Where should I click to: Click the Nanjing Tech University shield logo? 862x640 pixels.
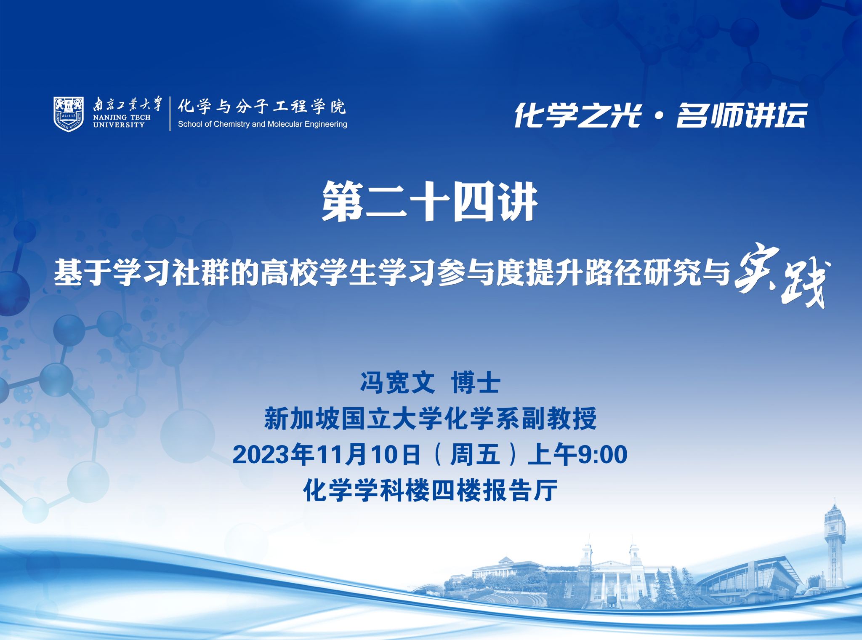pos(69,114)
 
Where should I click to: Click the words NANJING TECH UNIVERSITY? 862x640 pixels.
pos(122,121)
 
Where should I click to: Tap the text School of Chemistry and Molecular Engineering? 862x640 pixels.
pos(262,124)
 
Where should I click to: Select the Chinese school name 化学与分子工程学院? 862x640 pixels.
pos(261,106)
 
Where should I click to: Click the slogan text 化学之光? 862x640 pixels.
pos(577,115)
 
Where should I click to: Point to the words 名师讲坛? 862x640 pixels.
pos(741,115)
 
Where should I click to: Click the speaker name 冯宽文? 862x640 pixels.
pos(397,383)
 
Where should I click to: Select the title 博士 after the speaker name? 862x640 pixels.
pos(476,383)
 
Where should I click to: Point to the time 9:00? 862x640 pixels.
pos(602,455)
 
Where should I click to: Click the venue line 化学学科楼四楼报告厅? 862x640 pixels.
pos(430,491)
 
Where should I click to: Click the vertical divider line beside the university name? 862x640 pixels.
pos(170,114)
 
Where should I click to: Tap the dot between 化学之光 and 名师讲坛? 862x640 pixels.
pos(659,116)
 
